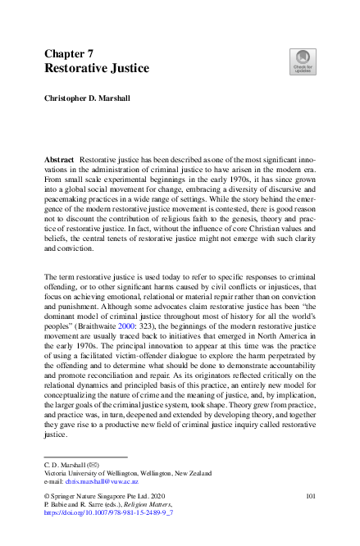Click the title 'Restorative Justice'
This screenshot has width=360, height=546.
pos(97,69)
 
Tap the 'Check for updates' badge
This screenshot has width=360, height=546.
pos(303,61)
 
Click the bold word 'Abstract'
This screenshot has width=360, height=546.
pos(60,156)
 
